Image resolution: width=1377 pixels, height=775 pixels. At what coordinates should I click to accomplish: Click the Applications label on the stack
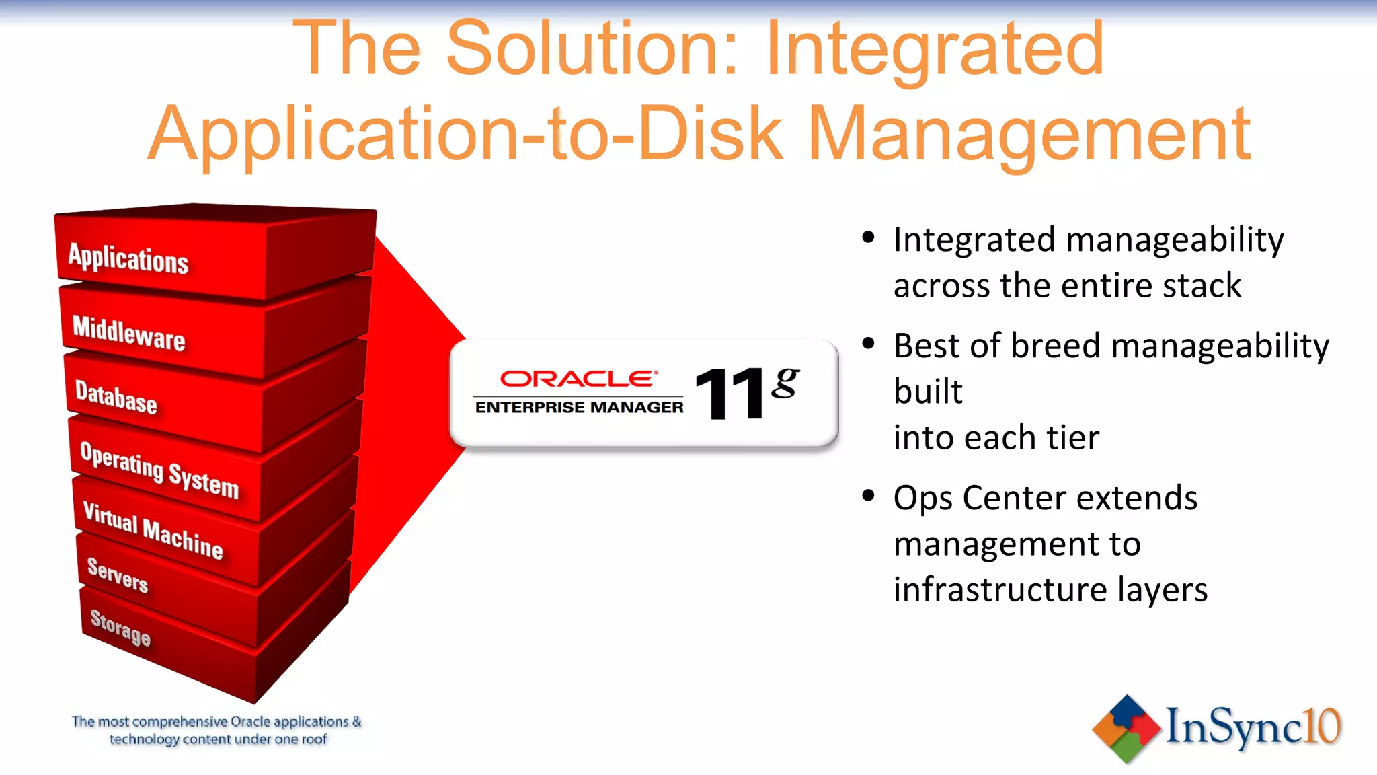[x=128, y=259]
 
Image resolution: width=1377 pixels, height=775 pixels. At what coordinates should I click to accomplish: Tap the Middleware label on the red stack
[x=128, y=332]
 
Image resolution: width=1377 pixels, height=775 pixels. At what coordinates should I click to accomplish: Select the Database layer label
[x=116, y=397]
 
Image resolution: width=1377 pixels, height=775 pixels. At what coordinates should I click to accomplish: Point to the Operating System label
[x=159, y=470]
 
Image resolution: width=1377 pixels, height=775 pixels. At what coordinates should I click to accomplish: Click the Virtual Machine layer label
[x=153, y=530]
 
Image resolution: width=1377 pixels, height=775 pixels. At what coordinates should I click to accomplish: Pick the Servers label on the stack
[x=118, y=575]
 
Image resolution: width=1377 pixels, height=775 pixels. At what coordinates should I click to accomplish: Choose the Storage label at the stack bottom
[x=120, y=627]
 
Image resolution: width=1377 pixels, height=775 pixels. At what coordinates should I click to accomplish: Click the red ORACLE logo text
[x=578, y=379]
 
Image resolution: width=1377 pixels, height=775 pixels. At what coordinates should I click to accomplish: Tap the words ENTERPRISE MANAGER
[x=579, y=408]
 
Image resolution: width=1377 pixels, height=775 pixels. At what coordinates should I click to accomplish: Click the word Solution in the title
[x=592, y=48]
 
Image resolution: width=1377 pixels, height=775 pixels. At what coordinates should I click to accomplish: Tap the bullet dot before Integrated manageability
[x=868, y=237]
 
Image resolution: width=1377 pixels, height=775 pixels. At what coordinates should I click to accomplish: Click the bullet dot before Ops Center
[x=868, y=496]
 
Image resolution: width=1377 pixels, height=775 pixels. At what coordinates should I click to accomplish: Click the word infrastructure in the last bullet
[x=1000, y=589]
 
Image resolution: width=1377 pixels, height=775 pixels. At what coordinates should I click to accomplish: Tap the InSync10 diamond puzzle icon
[x=1126, y=729]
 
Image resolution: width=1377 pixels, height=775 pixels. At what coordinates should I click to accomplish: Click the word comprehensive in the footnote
[x=180, y=722]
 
